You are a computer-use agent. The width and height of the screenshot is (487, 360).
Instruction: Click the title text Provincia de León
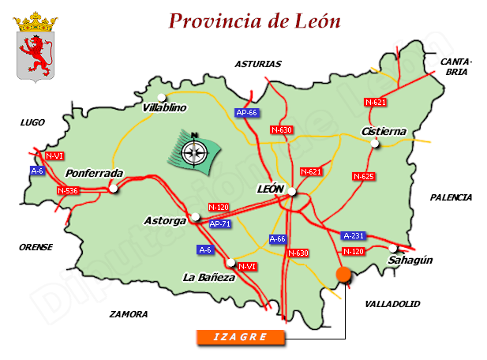(254, 21)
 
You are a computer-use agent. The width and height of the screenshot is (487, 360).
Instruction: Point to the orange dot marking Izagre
(343, 274)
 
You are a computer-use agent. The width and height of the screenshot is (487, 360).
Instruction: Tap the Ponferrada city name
(94, 173)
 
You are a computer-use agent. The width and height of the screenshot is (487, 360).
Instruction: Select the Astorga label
(165, 220)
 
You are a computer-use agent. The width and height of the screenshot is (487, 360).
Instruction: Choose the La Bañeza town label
(208, 277)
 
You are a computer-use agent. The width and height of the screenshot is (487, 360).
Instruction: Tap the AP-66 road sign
(247, 113)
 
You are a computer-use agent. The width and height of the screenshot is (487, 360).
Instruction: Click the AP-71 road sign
(220, 224)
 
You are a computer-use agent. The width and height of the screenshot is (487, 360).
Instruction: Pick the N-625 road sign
(363, 176)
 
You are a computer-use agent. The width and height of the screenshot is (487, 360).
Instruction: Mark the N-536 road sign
(68, 190)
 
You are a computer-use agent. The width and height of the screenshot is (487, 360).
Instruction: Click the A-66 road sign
(277, 238)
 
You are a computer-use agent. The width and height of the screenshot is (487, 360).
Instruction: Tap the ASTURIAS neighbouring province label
(257, 64)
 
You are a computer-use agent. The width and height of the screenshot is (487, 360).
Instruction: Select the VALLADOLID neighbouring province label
(392, 303)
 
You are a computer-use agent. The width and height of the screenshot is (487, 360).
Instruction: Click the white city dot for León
(292, 192)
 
